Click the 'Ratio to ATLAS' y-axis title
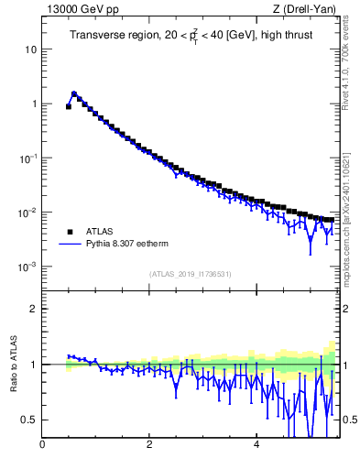click(x=12, y=364)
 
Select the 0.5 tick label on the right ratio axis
click(x=349, y=420)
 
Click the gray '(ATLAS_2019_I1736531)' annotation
click(x=191, y=274)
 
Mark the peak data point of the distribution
click(x=74, y=93)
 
